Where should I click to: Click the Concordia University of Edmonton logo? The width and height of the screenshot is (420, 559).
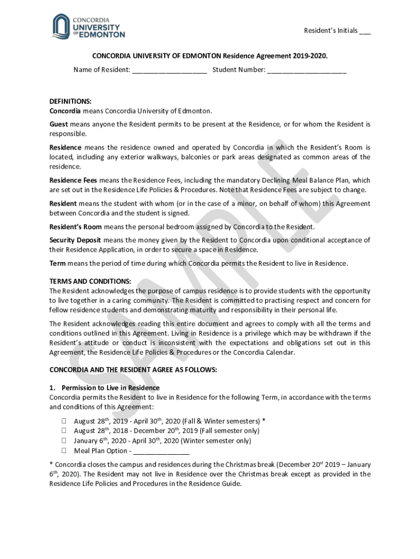88,27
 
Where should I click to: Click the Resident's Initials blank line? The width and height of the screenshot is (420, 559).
365,32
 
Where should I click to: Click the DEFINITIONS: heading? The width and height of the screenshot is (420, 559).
70,101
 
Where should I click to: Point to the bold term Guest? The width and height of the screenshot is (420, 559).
58,124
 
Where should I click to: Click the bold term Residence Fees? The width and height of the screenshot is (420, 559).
73,180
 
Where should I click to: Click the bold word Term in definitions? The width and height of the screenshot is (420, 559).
57,264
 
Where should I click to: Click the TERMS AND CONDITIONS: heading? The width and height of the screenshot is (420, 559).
90,281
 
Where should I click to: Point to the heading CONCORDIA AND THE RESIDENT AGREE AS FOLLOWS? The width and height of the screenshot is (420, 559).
133,370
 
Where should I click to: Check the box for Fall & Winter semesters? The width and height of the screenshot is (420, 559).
64,421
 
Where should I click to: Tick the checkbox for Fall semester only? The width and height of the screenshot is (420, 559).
64,431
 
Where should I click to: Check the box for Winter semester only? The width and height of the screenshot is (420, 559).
64,441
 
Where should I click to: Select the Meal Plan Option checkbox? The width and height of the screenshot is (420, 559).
64,451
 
